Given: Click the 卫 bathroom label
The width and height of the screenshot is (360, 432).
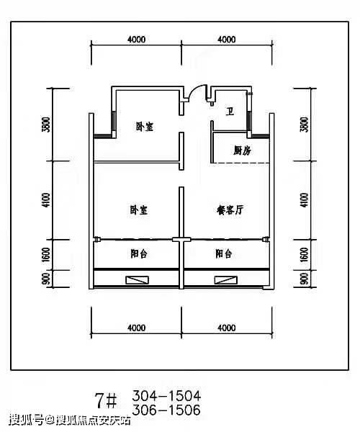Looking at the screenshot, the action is (230, 112).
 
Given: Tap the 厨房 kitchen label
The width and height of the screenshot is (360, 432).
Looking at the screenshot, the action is (243, 150).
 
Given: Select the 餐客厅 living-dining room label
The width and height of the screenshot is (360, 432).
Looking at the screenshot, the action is (230, 210).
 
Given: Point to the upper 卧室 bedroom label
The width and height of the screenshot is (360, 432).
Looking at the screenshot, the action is (145, 127).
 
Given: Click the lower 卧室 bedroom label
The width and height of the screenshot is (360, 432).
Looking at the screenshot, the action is (139, 210).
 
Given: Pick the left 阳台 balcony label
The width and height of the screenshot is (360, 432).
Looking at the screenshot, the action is (139, 253).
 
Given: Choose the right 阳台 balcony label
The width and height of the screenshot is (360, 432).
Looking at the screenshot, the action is (224, 253).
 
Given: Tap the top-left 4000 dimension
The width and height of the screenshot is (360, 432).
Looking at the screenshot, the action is (136, 40).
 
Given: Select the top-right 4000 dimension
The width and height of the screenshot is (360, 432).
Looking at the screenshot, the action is (227, 40).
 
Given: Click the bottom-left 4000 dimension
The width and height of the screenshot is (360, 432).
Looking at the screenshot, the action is (136, 328).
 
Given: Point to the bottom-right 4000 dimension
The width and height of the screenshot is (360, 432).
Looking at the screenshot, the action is (227, 328).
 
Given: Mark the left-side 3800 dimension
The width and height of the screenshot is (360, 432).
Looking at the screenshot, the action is (46, 125).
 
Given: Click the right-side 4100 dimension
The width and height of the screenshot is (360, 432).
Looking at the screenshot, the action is (304, 200).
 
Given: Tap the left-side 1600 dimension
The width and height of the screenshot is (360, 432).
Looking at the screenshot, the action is (46, 255).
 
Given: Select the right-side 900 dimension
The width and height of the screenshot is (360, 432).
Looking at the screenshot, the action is (304, 279).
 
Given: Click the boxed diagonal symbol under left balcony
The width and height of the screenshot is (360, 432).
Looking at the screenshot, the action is (138, 280).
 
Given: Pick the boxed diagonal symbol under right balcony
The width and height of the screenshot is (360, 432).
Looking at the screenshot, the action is (226, 280).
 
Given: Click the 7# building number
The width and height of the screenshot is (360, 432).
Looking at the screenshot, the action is (106, 400).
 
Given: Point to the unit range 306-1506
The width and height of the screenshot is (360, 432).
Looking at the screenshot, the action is (166, 410).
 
